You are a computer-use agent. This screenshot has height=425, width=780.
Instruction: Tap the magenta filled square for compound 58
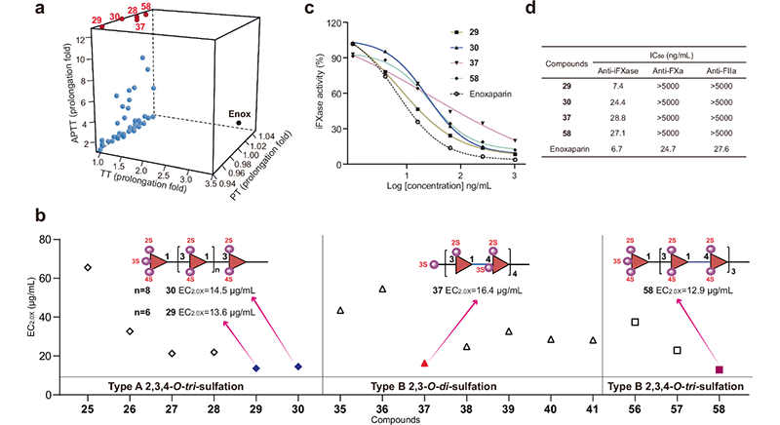719,369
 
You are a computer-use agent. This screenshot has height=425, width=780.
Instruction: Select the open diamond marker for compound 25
88,266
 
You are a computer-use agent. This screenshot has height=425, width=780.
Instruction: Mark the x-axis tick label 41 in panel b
593,400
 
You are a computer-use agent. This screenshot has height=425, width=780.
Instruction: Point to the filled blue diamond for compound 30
298,367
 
